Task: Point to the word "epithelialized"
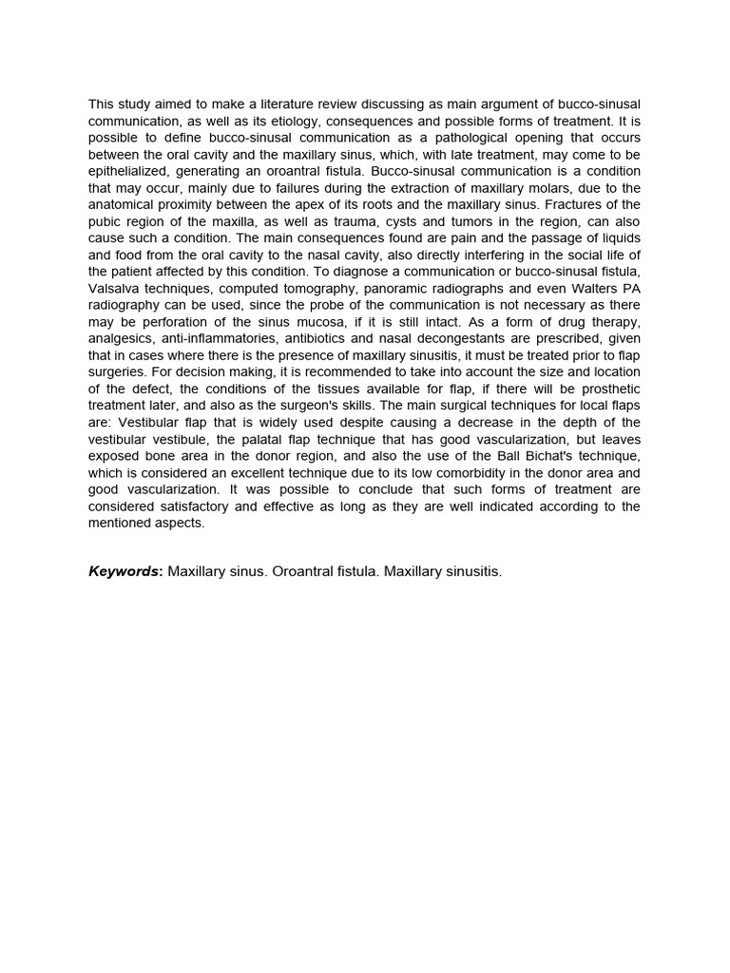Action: pyautogui.click(x=129, y=172)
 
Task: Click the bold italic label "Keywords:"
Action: pyautogui.click(x=125, y=572)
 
